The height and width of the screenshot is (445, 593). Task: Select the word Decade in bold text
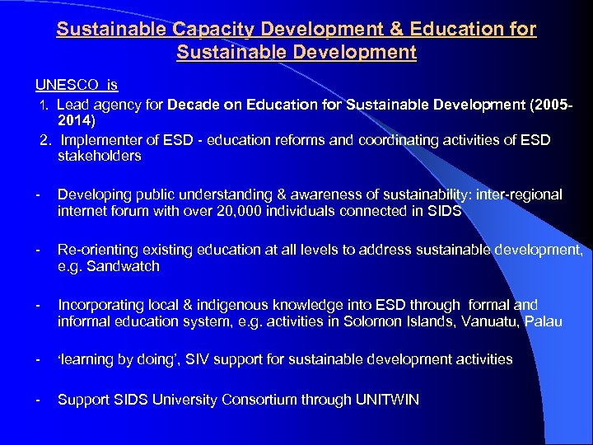coord(194,105)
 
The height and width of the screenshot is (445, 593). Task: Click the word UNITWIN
coord(387,400)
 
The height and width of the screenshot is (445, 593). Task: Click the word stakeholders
coord(100,156)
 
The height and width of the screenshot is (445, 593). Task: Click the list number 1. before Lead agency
coord(46,105)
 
